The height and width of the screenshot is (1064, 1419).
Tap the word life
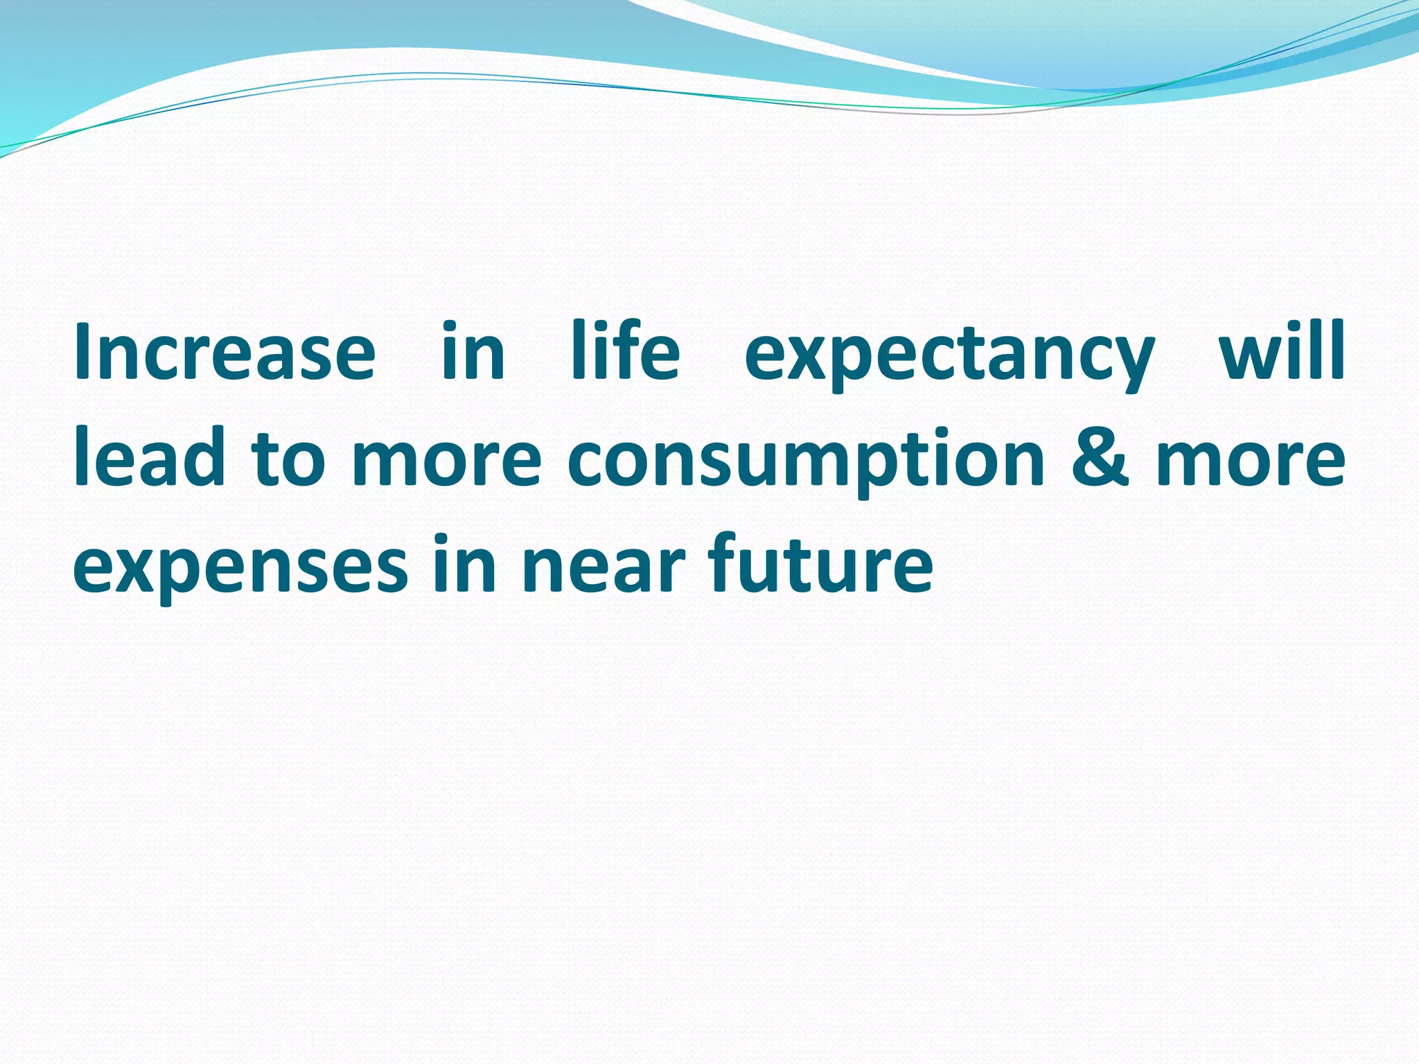point(625,351)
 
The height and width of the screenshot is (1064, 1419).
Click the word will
point(1282,351)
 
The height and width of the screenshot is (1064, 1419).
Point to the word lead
point(150,457)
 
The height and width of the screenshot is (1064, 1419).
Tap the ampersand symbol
point(1100,457)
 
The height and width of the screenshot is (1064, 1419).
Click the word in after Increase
point(473,351)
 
